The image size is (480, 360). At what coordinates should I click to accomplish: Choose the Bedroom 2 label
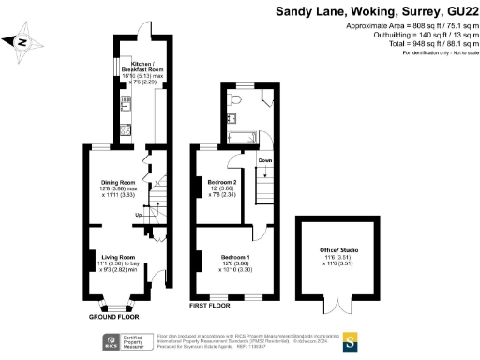pos(223,187)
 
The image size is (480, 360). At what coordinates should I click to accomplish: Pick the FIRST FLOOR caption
pos(211,305)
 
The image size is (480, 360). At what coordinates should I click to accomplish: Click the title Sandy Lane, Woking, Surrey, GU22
pos(377,12)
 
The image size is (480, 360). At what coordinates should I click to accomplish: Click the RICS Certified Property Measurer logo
pos(132,341)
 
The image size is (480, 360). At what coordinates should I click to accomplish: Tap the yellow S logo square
pos(352,339)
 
